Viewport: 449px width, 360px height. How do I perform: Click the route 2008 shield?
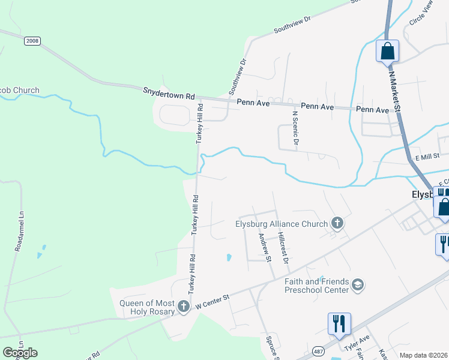[32, 41]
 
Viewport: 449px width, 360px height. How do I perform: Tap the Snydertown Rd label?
[169, 94]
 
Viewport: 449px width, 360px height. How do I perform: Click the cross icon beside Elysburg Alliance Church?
[337, 224]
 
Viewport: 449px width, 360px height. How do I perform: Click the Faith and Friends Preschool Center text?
[317, 286]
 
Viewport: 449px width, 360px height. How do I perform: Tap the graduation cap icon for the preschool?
[358, 284]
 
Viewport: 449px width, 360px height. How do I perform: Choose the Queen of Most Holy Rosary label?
[148, 307]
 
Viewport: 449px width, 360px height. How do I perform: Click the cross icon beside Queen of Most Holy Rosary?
[184, 307]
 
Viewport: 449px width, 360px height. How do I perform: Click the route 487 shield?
[318, 351]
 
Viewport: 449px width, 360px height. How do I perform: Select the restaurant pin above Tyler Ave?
[339, 324]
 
